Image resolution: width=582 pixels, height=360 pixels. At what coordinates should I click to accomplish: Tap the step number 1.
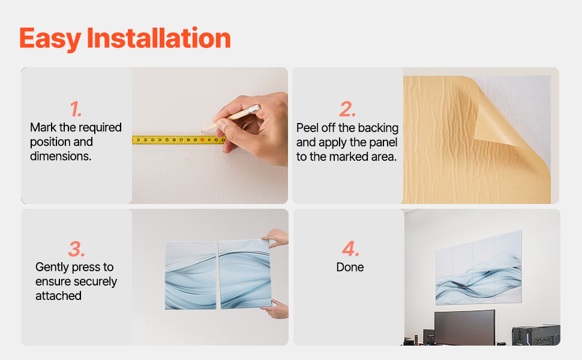tap(76, 109)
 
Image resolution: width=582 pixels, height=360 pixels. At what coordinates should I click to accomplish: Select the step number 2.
tap(347, 109)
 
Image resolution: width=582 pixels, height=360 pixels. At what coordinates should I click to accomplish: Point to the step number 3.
tap(76, 249)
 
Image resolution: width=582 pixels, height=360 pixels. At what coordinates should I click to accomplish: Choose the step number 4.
tap(350, 248)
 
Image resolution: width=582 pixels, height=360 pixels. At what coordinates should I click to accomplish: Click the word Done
tap(350, 267)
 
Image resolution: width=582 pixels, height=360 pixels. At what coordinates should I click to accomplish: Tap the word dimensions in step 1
tap(61, 156)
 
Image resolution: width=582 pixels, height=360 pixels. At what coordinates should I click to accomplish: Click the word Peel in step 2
tap(307, 128)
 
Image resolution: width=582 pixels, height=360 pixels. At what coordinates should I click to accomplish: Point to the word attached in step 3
tap(58, 296)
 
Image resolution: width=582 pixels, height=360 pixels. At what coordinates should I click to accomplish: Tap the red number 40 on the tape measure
tap(202, 140)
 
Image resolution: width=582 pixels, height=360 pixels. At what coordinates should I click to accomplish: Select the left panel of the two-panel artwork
tap(190, 275)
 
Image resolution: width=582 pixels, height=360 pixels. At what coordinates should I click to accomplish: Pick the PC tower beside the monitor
tap(536, 335)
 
